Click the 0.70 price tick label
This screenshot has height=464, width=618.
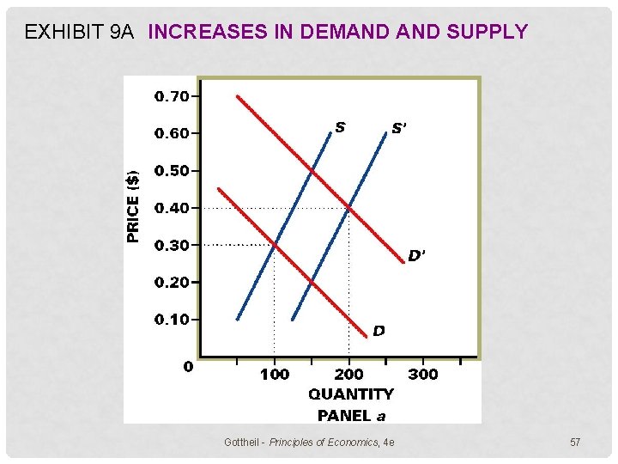pos(171,96)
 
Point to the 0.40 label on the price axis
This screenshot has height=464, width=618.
pos(171,208)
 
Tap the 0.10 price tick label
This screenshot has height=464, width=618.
pos(171,320)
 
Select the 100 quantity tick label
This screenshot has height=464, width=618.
pos(275,374)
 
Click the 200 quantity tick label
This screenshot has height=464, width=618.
pos(348,374)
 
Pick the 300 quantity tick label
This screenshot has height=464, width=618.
pos(422,374)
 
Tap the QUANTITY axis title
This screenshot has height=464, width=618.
pos(350,394)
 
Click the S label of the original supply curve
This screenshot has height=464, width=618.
pos(341,128)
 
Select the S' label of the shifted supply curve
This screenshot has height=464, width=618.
pos(399,129)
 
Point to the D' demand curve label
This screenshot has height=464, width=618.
pos(416,255)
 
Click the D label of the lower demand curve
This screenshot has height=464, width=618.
pos(379,330)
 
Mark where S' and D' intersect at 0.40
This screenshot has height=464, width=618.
pos(348,207)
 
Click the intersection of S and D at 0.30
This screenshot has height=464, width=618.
pos(275,245)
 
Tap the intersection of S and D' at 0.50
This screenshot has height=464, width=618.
pos(312,170)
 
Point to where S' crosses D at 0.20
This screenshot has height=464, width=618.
pos(312,282)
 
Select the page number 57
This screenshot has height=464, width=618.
pos(575,442)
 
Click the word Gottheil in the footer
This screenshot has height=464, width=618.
pos(243,442)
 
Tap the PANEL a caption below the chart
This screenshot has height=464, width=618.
pos(350,416)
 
